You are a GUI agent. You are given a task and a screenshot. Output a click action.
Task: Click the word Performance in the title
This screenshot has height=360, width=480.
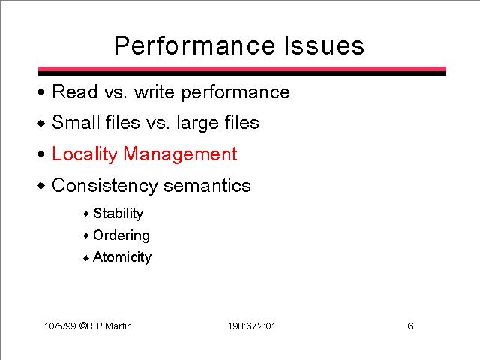pos(195,46)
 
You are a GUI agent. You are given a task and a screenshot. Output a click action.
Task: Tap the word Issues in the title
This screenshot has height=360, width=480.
pos(325,46)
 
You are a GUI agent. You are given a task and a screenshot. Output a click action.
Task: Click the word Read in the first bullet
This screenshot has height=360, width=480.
pos(75,91)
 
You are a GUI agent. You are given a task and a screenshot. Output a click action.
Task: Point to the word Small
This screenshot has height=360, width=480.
pos(76,122)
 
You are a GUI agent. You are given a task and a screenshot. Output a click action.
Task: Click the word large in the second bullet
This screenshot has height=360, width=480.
pos(198,124)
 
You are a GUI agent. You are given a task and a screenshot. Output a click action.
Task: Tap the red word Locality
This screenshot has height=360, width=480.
pos(85,154)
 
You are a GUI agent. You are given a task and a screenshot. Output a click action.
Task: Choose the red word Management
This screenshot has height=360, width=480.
pos(180,154)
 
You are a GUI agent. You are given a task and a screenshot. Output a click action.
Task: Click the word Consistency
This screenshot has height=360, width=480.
pos(105,186)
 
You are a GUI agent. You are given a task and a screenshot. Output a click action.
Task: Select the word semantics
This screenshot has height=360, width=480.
pos(207,186)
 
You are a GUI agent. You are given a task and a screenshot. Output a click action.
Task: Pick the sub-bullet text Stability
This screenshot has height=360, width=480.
pos(118,213)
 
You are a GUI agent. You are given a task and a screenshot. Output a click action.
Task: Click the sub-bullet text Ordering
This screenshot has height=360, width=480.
pos(121,235)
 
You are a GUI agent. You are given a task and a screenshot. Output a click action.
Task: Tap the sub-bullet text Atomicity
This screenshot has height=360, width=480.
pos(122,257)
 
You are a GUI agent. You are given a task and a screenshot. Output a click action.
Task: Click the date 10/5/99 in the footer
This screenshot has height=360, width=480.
pos(60,325)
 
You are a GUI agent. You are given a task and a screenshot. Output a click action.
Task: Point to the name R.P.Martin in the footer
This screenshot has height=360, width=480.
pos(109,325)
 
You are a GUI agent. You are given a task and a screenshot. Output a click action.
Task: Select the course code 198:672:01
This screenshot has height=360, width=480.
pos(252,326)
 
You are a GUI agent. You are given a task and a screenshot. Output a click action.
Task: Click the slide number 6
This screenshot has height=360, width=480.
pos(410,325)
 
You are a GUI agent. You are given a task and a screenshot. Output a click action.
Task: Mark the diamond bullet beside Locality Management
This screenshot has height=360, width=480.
pos(41,154)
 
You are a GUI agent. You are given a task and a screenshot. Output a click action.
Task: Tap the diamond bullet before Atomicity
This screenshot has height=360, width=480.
pos(86,258)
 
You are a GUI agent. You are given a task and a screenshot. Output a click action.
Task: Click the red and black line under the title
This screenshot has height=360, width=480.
pos(242,71)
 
